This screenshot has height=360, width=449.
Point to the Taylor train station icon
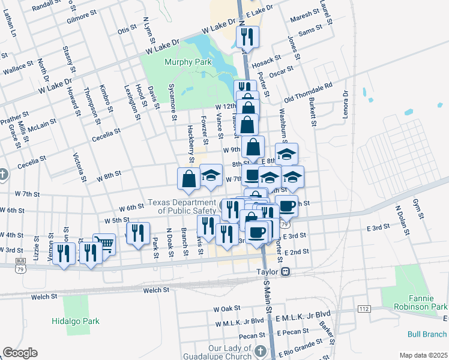coord(286,271)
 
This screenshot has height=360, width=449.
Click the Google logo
coord(20,353)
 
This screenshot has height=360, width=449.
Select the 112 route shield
coord(363,308)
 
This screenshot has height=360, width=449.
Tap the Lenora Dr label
coord(345,104)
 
